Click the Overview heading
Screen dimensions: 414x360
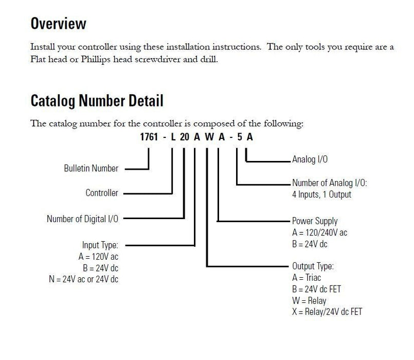[x=58, y=23]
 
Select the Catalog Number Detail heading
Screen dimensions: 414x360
[x=97, y=101]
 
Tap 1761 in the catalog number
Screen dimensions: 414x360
[x=149, y=137]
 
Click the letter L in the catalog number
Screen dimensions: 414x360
[x=173, y=137]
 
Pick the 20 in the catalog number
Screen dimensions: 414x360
[x=185, y=137]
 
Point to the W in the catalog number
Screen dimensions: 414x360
[x=209, y=137]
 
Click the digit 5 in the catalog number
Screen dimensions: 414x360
[x=240, y=137]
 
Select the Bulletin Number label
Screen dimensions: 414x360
[x=91, y=168]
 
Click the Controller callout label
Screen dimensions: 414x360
[x=102, y=193]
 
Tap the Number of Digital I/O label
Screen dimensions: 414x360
[x=82, y=219]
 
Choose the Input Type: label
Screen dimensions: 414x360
[x=100, y=245]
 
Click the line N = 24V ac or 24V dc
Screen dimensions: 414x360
[x=83, y=279]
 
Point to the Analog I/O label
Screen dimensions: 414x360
[x=310, y=159]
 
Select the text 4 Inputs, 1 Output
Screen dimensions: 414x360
[x=321, y=195]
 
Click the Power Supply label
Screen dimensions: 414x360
[x=315, y=221]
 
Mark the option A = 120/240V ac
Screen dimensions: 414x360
[x=319, y=232]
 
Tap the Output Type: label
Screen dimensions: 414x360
[x=313, y=266]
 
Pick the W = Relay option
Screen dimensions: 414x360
[x=309, y=301]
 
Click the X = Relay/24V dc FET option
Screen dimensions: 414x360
[x=327, y=312]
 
